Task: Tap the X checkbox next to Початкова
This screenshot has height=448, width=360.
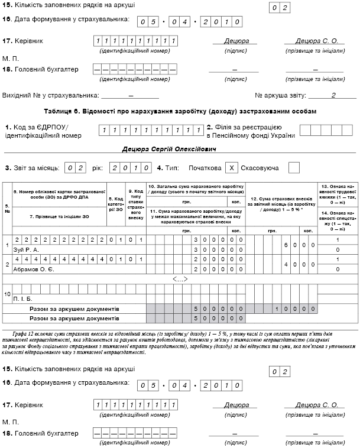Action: coord(233,168)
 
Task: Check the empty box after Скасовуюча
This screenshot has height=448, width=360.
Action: coord(294,168)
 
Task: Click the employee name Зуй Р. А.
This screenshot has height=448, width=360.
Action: coord(25,250)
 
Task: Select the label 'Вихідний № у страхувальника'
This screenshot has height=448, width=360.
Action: coord(50,95)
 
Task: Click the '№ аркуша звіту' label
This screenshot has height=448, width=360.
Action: coord(280,95)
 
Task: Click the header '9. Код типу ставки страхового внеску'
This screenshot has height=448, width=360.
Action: coord(135,204)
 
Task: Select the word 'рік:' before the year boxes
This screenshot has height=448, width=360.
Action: coord(97,168)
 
